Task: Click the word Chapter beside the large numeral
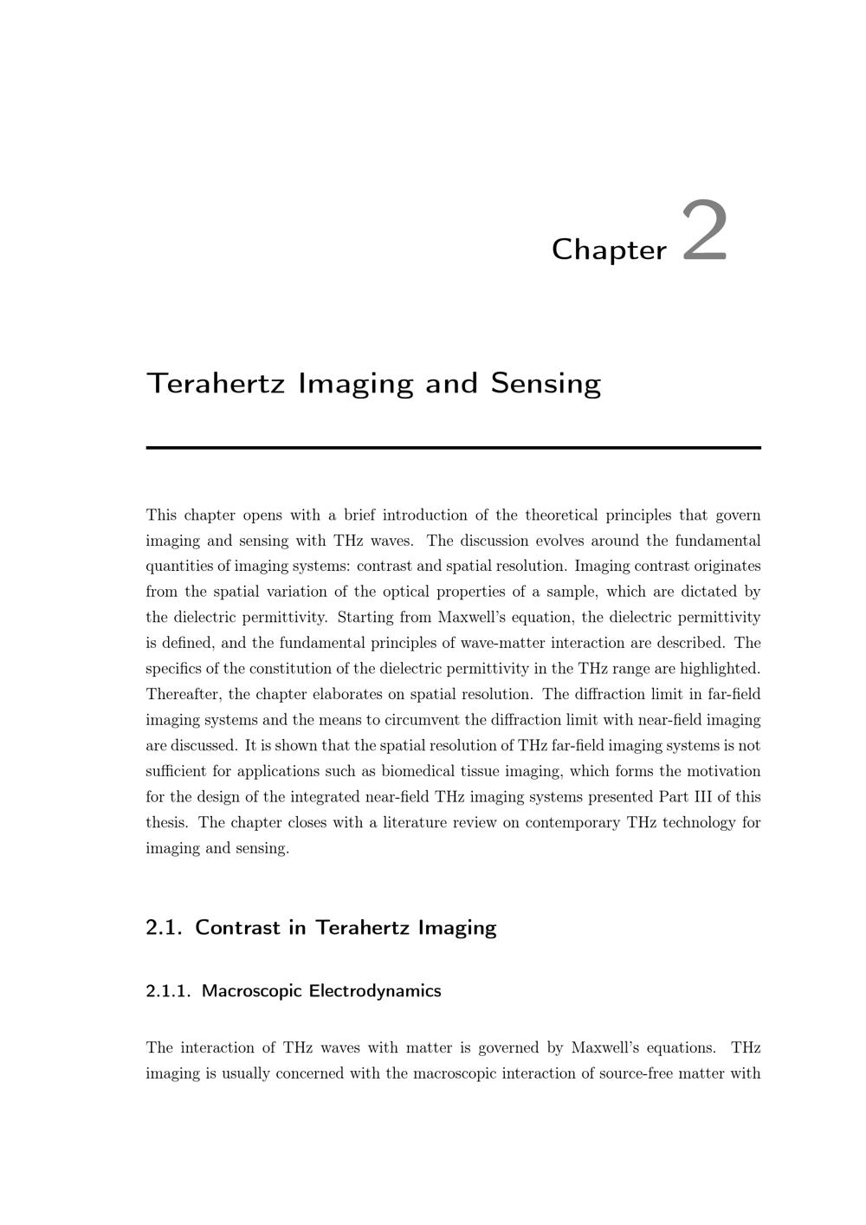(x=609, y=250)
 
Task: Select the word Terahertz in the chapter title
(x=216, y=383)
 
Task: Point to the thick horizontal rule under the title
(x=453, y=447)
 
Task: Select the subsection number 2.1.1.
(x=168, y=991)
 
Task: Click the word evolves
(x=559, y=541)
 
